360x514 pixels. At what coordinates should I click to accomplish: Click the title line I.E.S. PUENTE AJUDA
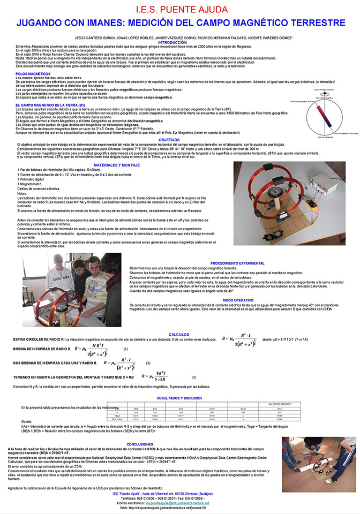click(x=179, y=10)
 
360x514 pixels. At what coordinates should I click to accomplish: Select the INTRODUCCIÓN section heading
click(x=179, y=42)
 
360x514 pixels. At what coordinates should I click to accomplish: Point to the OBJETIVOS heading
click(x=179, y=139)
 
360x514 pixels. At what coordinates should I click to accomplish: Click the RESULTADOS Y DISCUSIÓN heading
click(x=179, y=398)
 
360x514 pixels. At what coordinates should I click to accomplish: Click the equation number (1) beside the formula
click(x=125, y=349)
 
